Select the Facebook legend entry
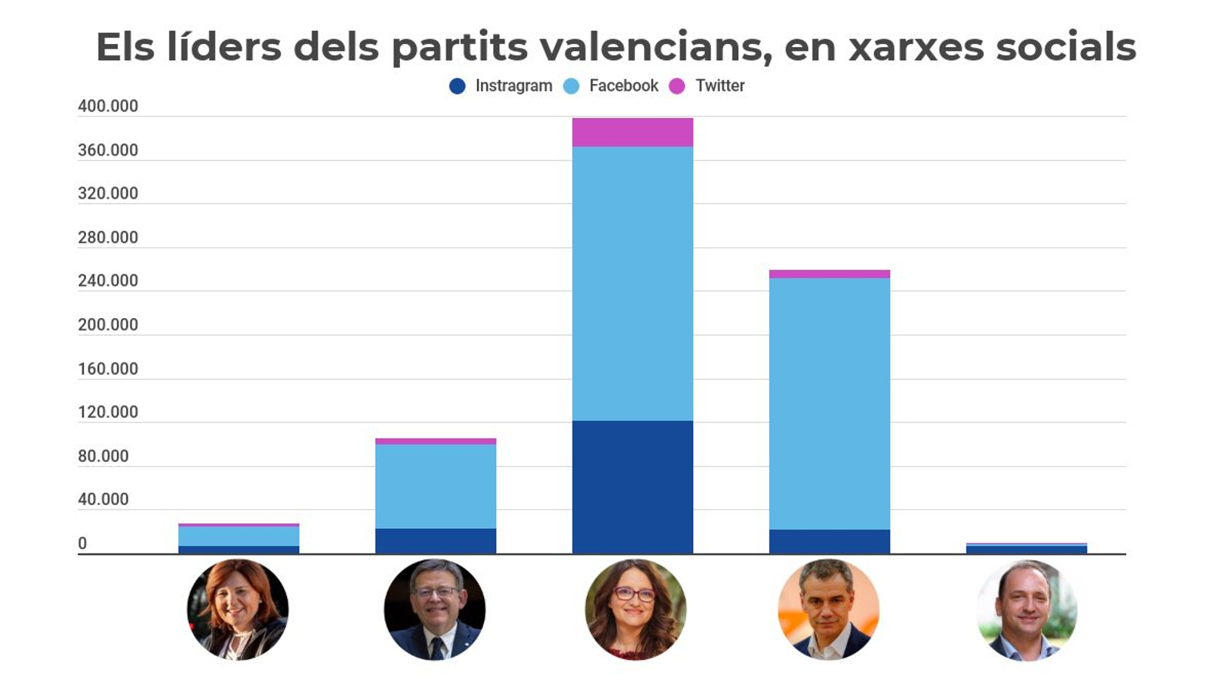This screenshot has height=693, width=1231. click(612, 86)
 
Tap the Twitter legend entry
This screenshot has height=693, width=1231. click(708, 86)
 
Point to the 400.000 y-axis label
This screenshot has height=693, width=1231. click(108, 106)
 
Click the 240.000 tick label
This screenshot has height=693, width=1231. click(108, 281)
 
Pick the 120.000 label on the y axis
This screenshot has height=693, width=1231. click(108, 412)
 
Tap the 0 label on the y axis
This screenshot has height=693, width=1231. click(82, 544)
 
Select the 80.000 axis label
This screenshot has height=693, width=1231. click(103, 456)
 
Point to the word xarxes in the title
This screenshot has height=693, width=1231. click(916, 47)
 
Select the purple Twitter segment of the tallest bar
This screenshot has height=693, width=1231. click(632, 132)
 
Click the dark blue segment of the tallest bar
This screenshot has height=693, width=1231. click(632, 487)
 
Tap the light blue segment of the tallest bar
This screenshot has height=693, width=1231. click(632, 283)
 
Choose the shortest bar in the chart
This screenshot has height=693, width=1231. click(1026, 548)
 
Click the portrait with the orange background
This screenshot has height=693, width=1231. click(829, 610)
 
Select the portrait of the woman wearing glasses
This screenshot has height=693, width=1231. click(636, 610)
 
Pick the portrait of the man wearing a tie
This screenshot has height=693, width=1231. click(435, 610)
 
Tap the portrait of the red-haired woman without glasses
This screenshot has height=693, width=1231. click(238, 610)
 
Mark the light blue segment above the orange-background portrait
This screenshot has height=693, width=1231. click(829, 403)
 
